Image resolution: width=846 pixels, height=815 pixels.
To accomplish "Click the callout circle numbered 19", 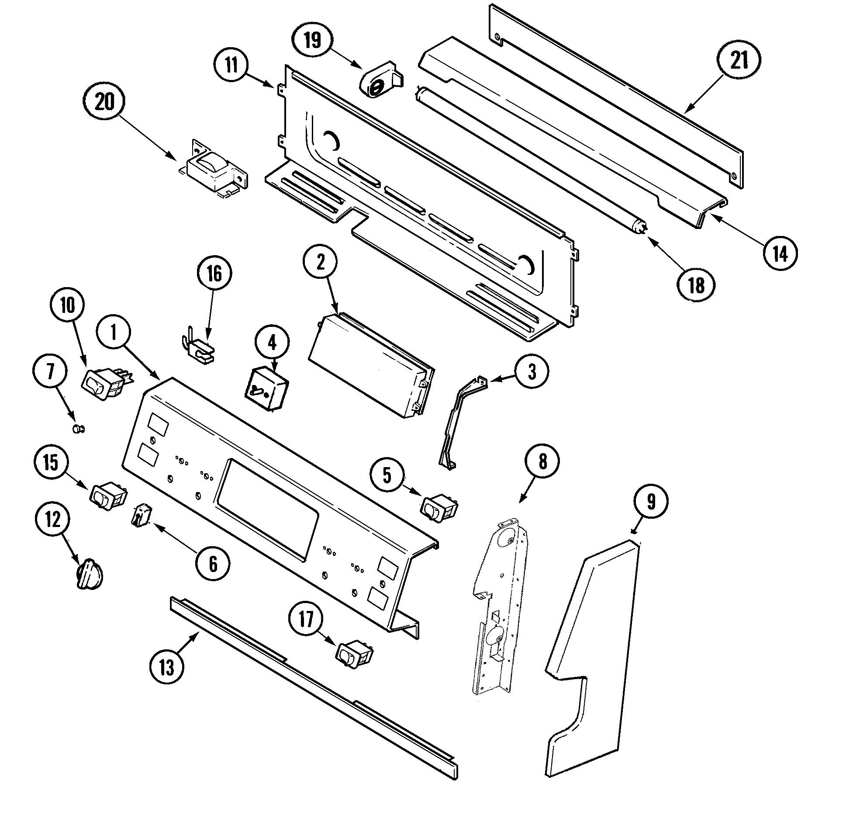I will (x=313, y=40).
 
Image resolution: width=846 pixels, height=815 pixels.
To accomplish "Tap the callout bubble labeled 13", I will (x=166, y=667).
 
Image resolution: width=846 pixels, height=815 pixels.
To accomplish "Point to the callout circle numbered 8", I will (x=542, y=462).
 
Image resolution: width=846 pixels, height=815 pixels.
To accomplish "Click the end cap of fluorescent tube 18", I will (x=640, y=227).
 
